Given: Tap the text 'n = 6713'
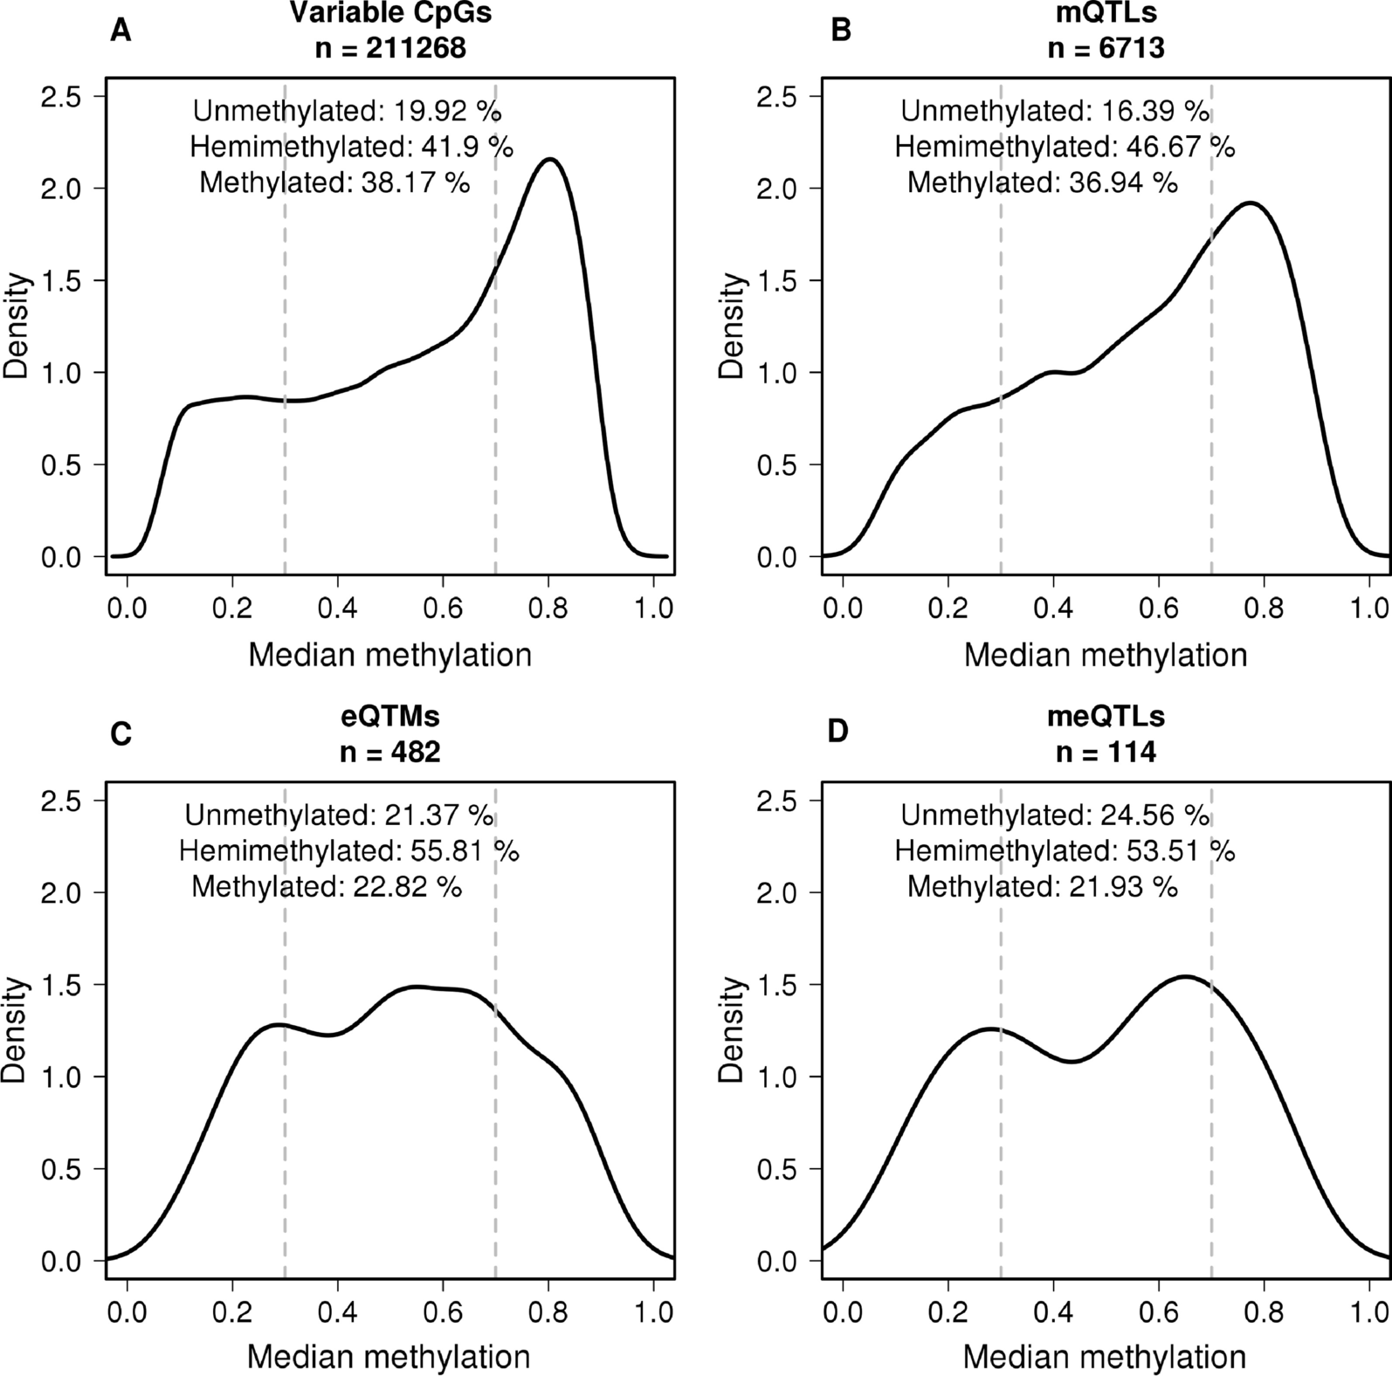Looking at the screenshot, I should pos(1106,47).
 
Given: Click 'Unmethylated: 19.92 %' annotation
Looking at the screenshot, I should pos(347,111).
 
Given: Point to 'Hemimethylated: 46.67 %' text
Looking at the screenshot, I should pos(1064,147).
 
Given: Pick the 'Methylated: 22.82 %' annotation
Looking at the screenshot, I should pos(327,887).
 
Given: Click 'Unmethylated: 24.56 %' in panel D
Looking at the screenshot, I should pos(1055,815).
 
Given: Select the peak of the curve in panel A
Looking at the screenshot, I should pos(550,159).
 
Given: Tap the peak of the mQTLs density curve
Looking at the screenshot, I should pos(1251,203).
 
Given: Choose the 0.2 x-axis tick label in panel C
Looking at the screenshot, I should pos(232,1312).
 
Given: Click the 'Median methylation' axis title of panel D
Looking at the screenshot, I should pos(1105,1357).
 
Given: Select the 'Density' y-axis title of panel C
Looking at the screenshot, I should pos(16,1030).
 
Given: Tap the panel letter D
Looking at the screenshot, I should pos(837,732).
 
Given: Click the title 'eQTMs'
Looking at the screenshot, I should pos(389,716).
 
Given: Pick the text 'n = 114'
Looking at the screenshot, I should pos(1106,752).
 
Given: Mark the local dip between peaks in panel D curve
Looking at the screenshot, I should pos(1072,1061).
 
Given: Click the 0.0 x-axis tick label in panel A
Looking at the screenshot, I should pos(127,608).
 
